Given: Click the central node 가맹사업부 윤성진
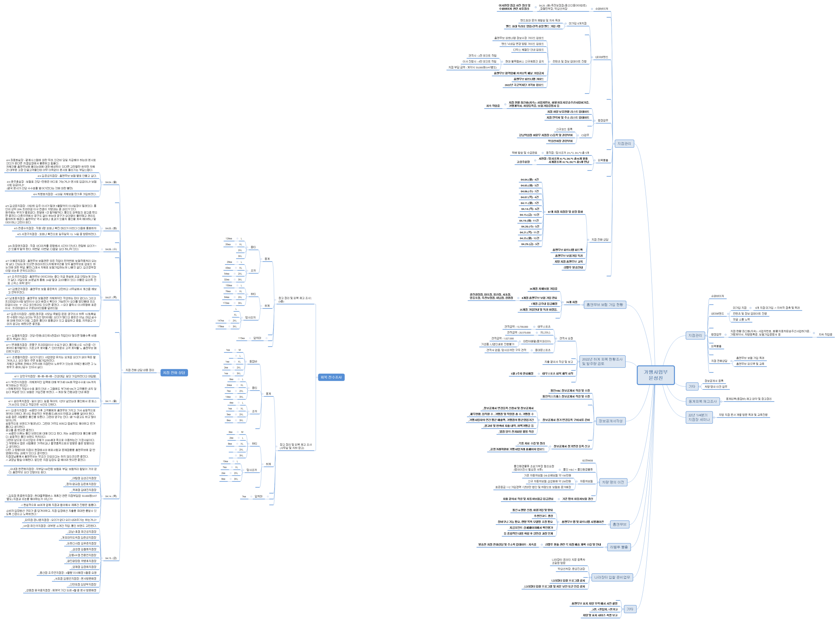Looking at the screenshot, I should (655, 375).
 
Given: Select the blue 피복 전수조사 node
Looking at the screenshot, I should (331, 377).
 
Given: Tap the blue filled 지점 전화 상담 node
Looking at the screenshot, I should (174, 373).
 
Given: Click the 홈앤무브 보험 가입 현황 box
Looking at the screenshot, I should (605, 304).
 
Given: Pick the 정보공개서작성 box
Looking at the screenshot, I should (610, 421).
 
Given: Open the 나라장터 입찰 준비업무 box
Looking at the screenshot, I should (612, 577).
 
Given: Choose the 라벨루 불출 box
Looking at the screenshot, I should (619, 547).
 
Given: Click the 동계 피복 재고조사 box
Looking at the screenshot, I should (703, 402).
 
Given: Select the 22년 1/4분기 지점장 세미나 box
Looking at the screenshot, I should (699, 417).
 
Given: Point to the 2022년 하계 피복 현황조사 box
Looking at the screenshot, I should (602, 361).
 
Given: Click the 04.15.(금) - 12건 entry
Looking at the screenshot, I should (529, 215).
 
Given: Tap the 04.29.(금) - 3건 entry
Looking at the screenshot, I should (530, 244).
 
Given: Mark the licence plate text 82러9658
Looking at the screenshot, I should (587, 461).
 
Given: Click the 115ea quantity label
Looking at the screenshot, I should (241, 338).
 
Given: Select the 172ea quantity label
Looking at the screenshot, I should (226, 303).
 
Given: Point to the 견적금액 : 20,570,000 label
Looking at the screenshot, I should (518, 333).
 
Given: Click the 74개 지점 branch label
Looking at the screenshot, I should (572, 302).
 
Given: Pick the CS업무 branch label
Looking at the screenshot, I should (585, 135).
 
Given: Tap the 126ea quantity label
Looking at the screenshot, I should (229, 239).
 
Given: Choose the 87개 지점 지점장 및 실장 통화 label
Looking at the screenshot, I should (565, 212).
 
